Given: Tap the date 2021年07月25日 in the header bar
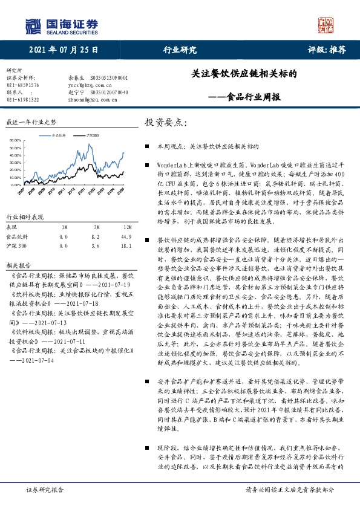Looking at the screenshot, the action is click(x=63, y=50).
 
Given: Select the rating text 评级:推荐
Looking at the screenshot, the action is click(x=327, y=50).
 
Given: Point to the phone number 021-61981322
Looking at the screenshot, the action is click(x=22, y=99).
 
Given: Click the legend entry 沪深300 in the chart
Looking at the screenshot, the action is click(x=91, y=135).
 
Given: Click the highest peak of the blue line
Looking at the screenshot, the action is click(x=90, y=145).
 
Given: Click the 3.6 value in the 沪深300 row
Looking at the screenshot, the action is click(x=95, y=247).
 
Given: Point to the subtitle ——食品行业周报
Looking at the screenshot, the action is click(x=245, y=96).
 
